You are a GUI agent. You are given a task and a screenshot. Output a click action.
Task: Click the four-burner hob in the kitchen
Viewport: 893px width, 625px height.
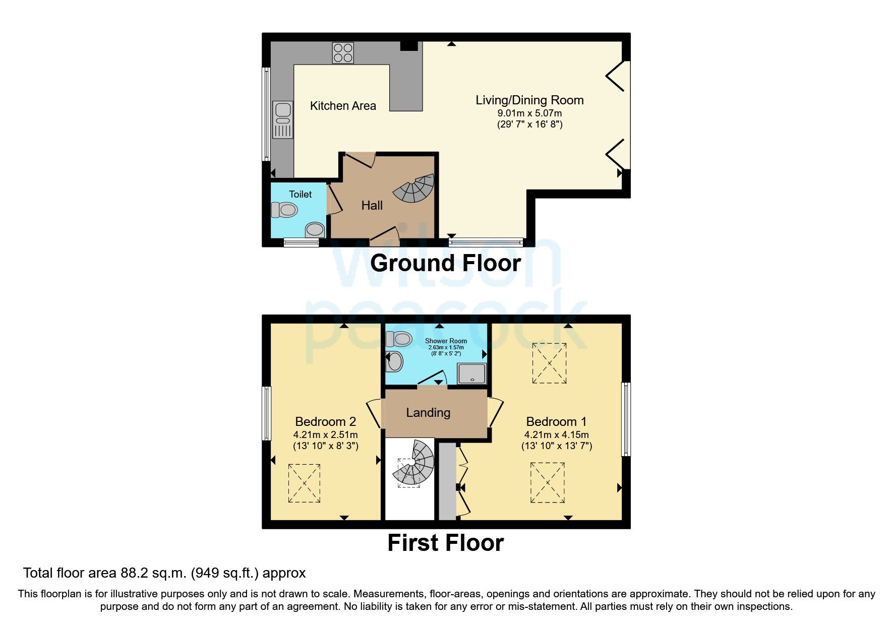[x=343, y=53]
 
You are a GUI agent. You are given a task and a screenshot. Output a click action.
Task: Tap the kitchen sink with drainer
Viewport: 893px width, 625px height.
[x=282, y=119]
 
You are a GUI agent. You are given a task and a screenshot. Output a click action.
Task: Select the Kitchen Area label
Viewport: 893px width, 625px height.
[x=343, y=106]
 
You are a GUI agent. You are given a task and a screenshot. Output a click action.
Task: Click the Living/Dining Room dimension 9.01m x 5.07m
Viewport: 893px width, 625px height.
[x=529, y=113]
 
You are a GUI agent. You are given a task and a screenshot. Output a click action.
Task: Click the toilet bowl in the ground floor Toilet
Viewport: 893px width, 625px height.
[x=284, y=209]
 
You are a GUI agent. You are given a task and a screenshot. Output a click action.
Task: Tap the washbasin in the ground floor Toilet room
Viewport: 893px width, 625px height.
[x=315, y=230]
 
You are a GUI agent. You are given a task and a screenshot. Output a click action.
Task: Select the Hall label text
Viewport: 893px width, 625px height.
[x=372, y=206]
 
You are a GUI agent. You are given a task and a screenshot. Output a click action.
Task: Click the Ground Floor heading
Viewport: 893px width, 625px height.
[x=446, y=264]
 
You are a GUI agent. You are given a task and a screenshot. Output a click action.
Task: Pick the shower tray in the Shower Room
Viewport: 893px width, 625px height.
[x=472, y=374]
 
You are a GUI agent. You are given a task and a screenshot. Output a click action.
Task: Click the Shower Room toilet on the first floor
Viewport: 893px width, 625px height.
[x=399, y=339]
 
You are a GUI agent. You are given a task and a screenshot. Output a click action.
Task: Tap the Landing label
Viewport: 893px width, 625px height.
[x=428, y=413]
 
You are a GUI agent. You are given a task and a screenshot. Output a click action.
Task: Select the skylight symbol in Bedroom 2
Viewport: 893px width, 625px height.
[x=304, y=483]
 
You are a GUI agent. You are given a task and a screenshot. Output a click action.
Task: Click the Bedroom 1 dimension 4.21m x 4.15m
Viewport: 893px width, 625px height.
[x=556, y=434]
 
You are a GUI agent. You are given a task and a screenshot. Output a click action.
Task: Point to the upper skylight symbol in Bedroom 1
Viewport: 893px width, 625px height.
[x=549, y=363]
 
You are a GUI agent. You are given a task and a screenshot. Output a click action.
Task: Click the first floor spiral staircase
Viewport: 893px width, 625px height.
[x=414, y=464]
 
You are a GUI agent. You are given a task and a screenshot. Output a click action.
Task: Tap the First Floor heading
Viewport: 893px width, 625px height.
[x=446, y=543]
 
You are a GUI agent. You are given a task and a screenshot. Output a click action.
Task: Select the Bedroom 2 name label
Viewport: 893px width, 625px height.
[x=326, y=421]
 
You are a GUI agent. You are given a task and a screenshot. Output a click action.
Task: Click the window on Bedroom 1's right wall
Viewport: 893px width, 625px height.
[x=626, y=419]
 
